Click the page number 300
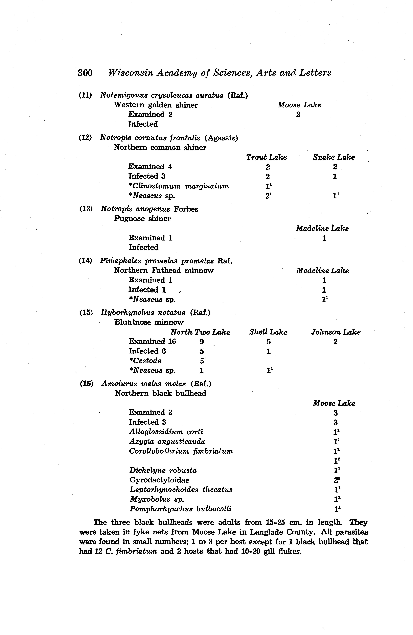tap(85, 73)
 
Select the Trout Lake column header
tap(266, 157)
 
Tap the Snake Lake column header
tap(334, 157)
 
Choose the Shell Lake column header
tap(268, 332)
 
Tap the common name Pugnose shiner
tap(142, 219)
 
